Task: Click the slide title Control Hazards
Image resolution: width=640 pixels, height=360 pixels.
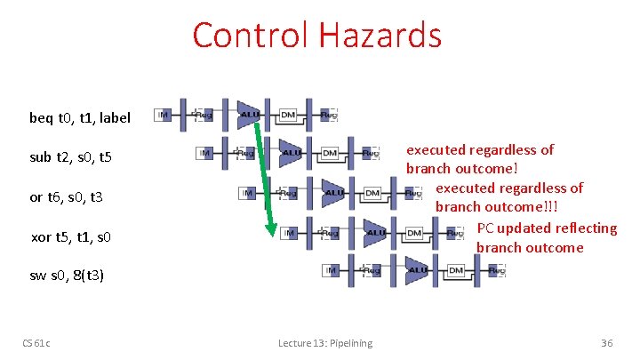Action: (x=316, y=36)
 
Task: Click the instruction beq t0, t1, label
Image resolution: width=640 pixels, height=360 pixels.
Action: (x=80, y=117)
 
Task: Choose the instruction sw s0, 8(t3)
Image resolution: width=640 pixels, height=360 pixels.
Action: (x=67, y=275)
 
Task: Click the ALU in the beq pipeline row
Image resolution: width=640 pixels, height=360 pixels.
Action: (x=250, y=115)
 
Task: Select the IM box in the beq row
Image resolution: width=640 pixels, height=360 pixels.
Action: (x=163, y=115)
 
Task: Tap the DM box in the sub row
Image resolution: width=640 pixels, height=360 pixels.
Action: (x=330, y=154)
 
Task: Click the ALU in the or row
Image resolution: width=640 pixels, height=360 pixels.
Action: (x=334, y=193)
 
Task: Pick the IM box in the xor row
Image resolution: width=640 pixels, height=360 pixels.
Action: (x=288, y=233)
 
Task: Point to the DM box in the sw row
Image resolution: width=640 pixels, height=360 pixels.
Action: (x=456, y=270)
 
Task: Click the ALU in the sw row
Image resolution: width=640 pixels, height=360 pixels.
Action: (x=417, y=270)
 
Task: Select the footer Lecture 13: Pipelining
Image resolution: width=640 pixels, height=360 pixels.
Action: (x=325, y=343)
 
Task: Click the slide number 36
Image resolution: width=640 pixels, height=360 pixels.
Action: (x=607, y=343)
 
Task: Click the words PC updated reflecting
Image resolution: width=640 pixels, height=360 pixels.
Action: (x=547, y=228)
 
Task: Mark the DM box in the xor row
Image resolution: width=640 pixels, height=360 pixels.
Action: (x=413, y=233)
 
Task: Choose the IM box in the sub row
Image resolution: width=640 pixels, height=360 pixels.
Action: (x=204, y=154)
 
